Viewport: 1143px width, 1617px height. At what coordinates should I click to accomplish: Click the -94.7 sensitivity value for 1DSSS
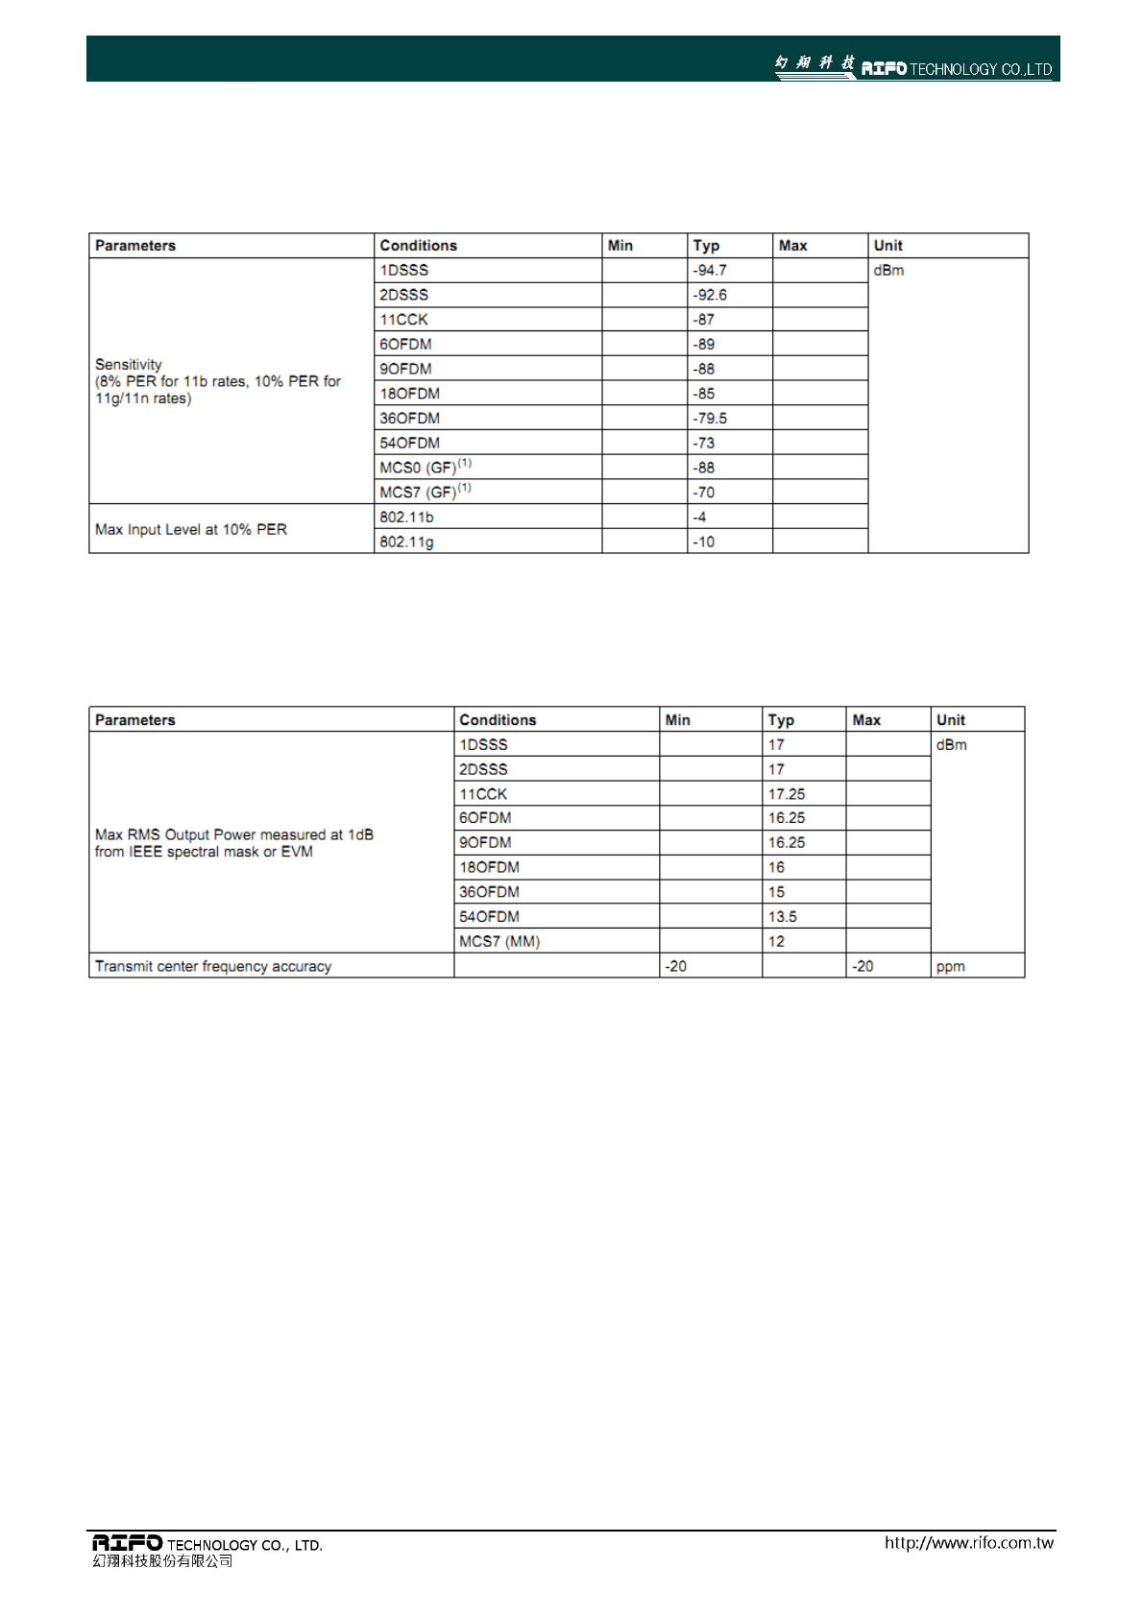click(x=710, y=271)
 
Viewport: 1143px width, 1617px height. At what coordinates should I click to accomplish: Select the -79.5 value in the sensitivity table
click(x=710, y=419)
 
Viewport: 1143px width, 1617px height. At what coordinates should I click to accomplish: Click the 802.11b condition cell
click(x=406, y=518)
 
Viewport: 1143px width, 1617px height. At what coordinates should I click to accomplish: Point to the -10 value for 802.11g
click(x=704, y=543)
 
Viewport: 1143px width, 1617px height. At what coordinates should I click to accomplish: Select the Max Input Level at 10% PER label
click(x=191, y=530)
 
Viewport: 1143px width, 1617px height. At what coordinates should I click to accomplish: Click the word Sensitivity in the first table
click(x=129, y=365)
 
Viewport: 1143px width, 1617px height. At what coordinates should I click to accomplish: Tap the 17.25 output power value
click(x=787, y=794)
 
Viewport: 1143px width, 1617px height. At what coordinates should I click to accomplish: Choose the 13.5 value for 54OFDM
click(x=783, y=917)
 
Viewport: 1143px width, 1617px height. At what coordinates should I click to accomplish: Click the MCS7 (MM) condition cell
click(x=499, y=942)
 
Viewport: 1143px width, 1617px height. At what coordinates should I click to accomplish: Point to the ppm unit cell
click(x=951, y=967)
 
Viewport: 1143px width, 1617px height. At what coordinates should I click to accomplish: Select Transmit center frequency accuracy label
click(x=213, y=967)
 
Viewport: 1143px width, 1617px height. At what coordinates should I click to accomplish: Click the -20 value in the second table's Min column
click(x=676, y=967)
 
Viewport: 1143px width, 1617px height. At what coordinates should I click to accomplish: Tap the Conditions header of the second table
click(x=498, y=720)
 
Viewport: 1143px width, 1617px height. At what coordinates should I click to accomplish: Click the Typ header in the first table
click(x=706, y=246)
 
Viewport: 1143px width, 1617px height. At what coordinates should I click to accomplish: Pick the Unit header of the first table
click(x=888, y=246)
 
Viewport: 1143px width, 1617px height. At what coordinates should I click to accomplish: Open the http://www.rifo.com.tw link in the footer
click(x=968, y=1543)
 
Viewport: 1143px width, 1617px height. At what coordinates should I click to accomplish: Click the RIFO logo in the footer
click(x=128, y=1542)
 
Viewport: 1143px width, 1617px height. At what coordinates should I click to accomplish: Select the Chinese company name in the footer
click(x=163, y=1561)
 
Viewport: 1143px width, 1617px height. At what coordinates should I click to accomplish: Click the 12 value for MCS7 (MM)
click(x=776, y=942)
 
